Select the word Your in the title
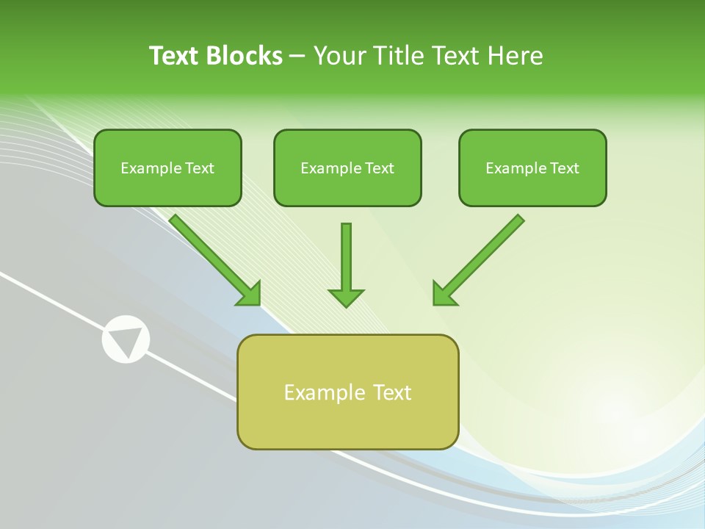[339, 56]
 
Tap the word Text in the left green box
[200, 168]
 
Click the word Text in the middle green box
[380, 168]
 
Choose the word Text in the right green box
[565, 168]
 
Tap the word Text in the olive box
[393, 392]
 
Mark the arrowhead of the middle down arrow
[346, 297]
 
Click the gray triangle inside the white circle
[126, 339]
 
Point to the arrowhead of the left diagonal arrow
[250, 294]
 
